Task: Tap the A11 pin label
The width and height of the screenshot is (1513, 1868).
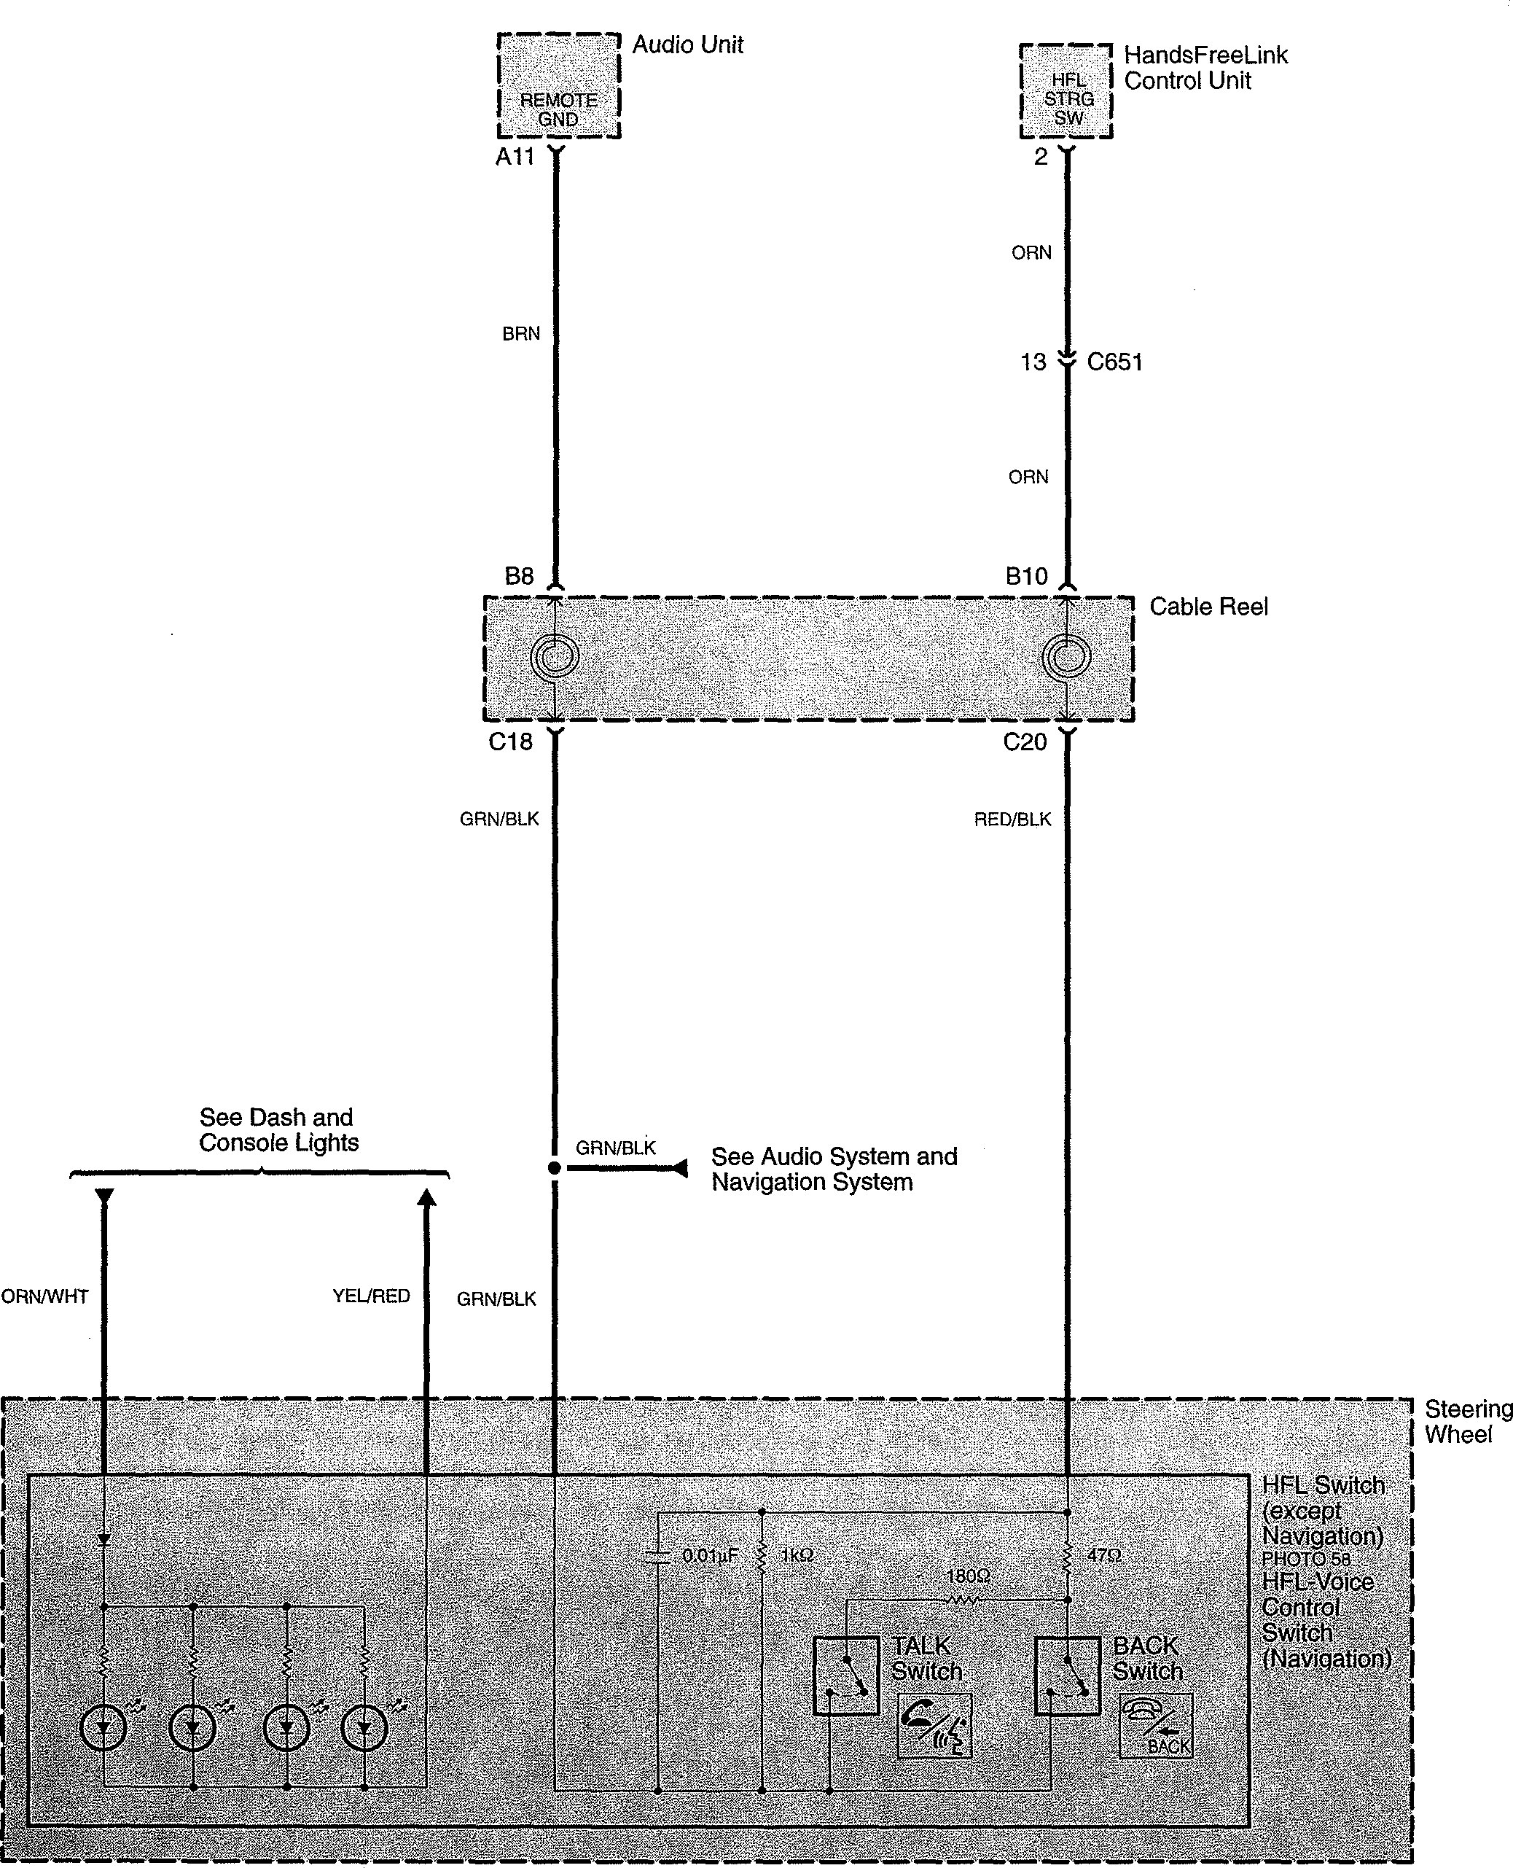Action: [x=515, y=157]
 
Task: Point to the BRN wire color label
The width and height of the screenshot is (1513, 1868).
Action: [x=521, y=334]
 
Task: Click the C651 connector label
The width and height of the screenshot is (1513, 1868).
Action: [x=1114, y=362]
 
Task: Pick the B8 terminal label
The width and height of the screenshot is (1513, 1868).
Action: [x=520, y=576]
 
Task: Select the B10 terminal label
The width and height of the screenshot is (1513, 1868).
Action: [x=1027, y=576]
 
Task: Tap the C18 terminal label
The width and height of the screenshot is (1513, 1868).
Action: [x=511, y=742]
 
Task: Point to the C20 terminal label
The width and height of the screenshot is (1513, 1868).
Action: [x=1025, y=742]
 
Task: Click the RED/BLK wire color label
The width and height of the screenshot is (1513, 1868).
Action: [x=1013, y=820]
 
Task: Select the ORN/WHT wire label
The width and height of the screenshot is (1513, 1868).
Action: [x=44, y=1296]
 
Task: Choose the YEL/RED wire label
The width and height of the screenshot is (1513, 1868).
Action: [x=371, y=1296]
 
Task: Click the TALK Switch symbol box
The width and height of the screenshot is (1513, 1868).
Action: [x=845, y=1676]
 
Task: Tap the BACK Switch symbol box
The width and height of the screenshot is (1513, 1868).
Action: [x=1067, y=1676]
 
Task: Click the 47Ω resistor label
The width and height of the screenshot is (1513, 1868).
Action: [x=1104, y=1554]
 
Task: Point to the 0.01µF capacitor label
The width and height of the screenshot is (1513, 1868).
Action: [x=711, y=1555]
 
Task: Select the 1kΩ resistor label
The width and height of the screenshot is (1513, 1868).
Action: [x=797, y=1555]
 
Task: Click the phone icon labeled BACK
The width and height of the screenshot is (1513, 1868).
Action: [x=1156, y=1726]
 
